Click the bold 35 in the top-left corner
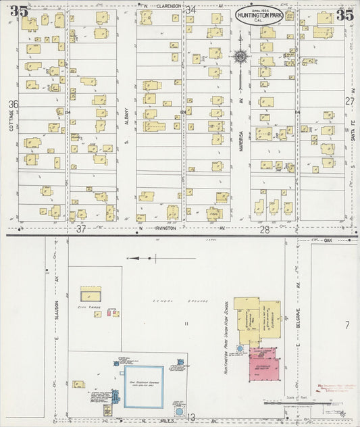pyautogui.click(x=19, y=11)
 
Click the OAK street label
pyautogui.click(x=330, y=240)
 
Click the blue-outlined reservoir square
pyautogui.click(x=143, y=386)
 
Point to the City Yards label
pyautogui.click(x=88, y=307)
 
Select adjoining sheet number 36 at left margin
pyautogui.click(x=13, y=104)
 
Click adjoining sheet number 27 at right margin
pyautogui.click(x=349, y=101)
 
